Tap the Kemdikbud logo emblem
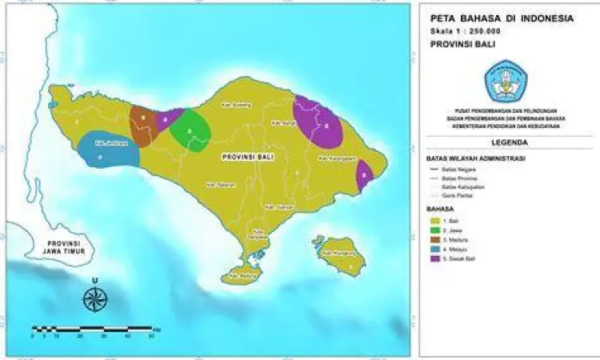click(505, 79)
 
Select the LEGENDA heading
click(510, 142)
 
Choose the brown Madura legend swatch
click(436, 238)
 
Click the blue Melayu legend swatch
click(436, 248)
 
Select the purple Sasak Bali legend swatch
click(436, 258)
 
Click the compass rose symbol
click(95, 298)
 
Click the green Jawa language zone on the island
click(190, 131)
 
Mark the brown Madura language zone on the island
click(143, 126)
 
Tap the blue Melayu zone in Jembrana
click(106, 150)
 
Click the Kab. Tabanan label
click(219, 184)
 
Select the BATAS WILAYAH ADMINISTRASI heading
click(475, 158)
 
